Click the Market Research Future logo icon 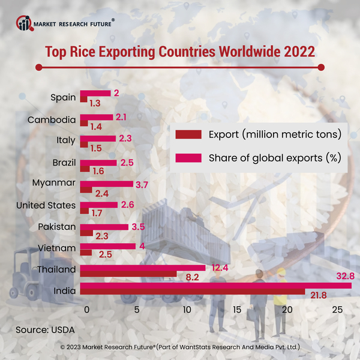click(x=25, y=23)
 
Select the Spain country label click(x=63, y=98)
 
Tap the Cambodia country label click(x=52, y=119)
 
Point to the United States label click(x=46, y=206)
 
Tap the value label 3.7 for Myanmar click(x=142, y=185)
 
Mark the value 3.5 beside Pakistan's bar click(x=137, y=227)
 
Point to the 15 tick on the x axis click(x=237, y=310)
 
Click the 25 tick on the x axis click(x=337, y=310)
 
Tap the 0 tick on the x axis click(x=87, y=310)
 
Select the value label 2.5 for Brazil click(x=126, y=163)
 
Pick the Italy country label click(x=66, y=140)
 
